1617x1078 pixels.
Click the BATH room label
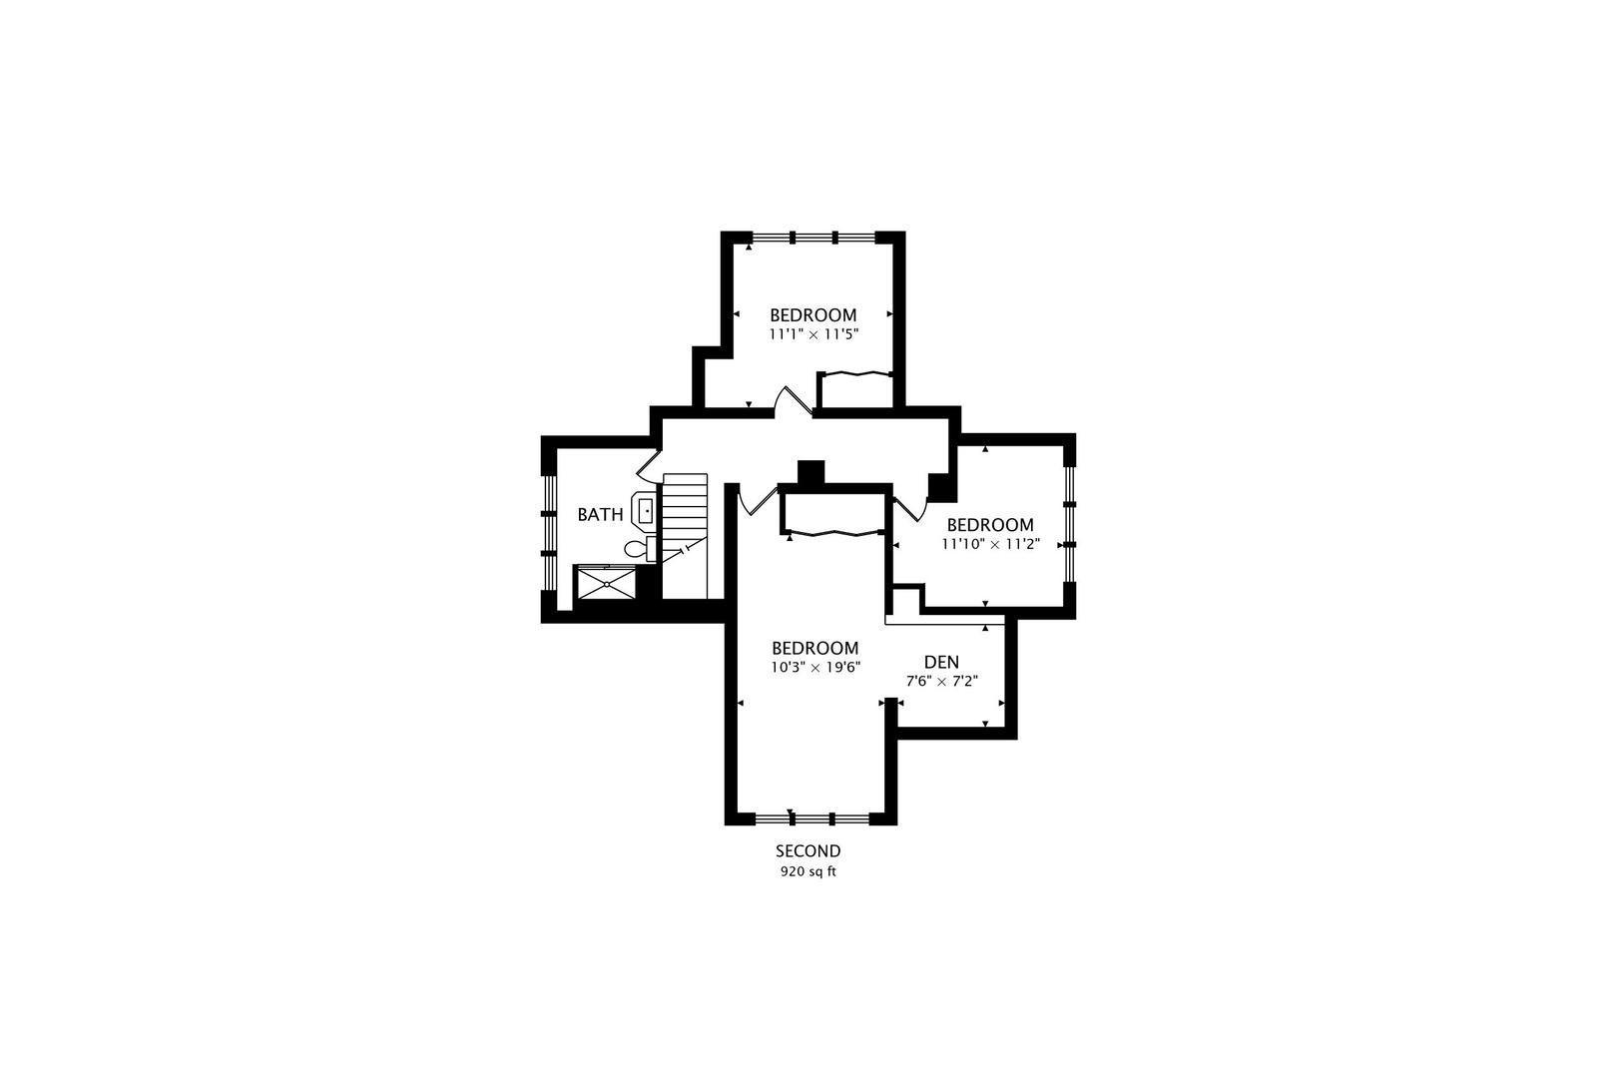pyautogui.click(x=600, y=515)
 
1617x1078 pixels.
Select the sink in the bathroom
pyautogui.click(x=645, y=512)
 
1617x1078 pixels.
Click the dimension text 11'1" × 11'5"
pyautogui.click(x=813, y=334)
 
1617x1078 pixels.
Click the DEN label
pyautogui.click(x=941, y=662)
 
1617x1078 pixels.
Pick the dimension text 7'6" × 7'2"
pyautogui.click(x=941, y=681)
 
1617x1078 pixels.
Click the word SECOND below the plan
pyautogui.click(x=808, y=851)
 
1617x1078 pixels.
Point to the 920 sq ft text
pyautogui.click(x=808, y=871)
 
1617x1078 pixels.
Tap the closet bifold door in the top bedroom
pyautogui.click(x=855, y=374)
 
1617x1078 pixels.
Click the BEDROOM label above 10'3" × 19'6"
pyautogui.click(x=814, y=648)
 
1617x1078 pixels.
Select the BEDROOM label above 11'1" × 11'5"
pyautogui.click(x=812, y=315)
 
